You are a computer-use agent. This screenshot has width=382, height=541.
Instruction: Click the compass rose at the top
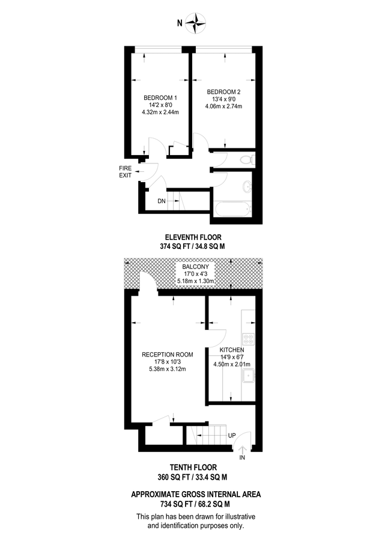click(x=196, y=23)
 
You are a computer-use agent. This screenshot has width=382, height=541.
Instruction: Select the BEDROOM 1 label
click(x=160, y=97)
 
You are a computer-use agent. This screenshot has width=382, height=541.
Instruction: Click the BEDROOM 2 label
click(x=228, y=91)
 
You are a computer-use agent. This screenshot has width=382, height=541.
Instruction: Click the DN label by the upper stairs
click(x=161, y=201)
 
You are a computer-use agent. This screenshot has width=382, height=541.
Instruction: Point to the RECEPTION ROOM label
click(x=167, y=355)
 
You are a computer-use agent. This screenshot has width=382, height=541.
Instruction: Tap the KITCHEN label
click(x=231, y=349)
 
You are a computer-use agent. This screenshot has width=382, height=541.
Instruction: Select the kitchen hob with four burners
click(x=248, y=338)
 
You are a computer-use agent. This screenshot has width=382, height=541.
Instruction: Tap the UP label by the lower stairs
click(x=232, y=435)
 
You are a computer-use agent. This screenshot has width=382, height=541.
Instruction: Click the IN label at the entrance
click(x=242, y=458)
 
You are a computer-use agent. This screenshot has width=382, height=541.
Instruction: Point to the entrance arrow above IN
click(x=242, y=448)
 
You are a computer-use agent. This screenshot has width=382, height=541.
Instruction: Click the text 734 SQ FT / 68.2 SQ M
click(x=191, y=504)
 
